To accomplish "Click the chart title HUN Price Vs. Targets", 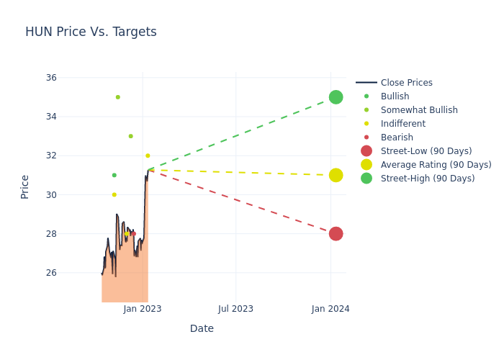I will point(91,32).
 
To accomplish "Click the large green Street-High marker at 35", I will point(336,97).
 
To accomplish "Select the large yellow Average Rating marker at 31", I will point(336,175).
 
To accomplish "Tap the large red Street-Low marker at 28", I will point(336,233).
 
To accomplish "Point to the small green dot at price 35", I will point(118,97).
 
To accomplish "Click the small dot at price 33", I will point(130,136).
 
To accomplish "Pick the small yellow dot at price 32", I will point(148,156).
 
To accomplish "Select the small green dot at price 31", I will point(114,175).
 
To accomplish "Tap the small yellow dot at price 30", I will point(114,194).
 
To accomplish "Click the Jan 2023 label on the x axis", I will point(143,309).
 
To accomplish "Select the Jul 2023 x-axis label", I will point(236,309).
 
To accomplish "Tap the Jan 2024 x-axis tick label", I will point(330,309).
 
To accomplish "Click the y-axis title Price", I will point(25,186).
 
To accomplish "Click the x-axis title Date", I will point(202,329).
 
